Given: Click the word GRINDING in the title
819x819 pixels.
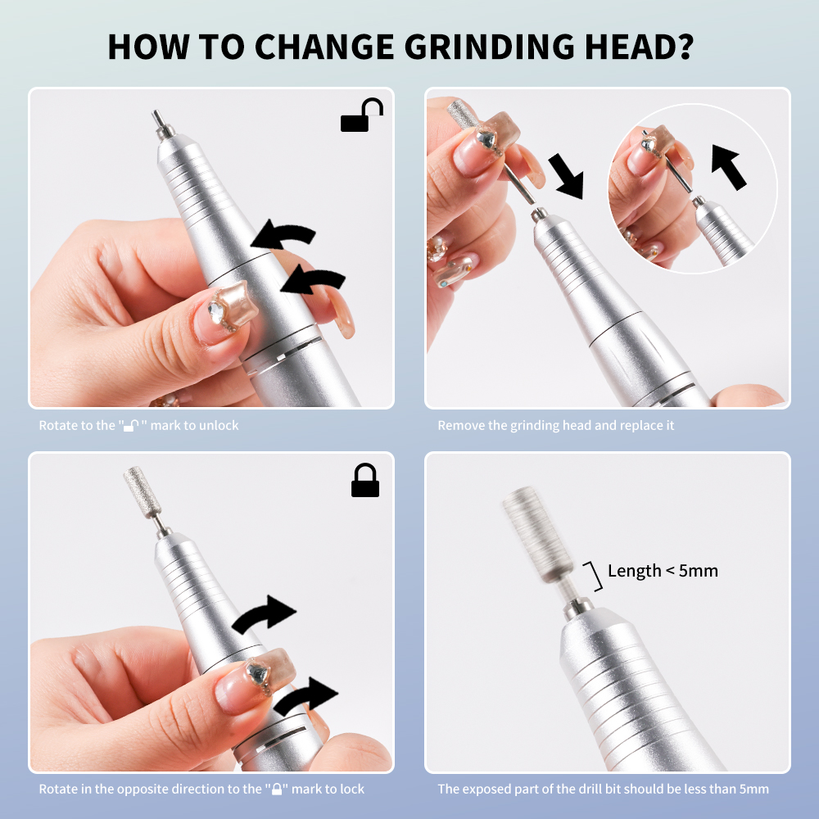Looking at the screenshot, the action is [490, 47].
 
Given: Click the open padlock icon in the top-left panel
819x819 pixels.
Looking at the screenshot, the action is [361, 115].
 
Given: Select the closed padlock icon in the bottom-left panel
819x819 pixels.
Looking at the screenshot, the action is [365, 480].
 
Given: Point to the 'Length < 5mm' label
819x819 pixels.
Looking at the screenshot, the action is [663, 571].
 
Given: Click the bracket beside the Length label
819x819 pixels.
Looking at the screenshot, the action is [595, 576].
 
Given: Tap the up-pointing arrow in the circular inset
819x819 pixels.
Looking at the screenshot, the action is [728, 167].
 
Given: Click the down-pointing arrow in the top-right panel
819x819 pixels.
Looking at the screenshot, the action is [566, 176].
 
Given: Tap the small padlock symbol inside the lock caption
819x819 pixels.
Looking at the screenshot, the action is [277, 789].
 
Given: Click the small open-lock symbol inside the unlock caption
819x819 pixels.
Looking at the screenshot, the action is [132, 426].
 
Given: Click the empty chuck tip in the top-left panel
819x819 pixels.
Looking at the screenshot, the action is [163, 124].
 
